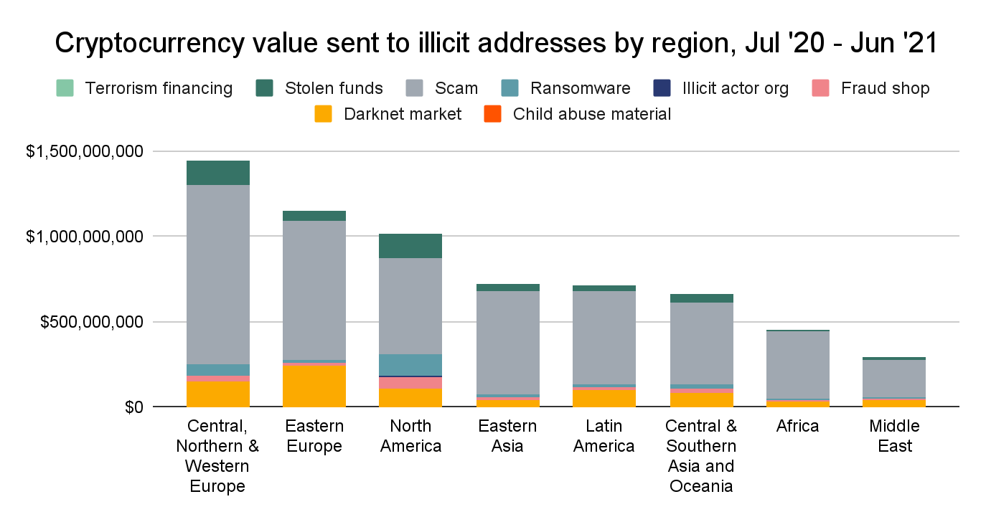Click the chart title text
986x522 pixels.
[496, 44]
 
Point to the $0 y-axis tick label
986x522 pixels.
[133, 407]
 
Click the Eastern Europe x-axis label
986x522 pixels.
[314, 436]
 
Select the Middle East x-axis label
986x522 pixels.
[894, 436]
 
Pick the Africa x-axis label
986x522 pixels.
[797, 426]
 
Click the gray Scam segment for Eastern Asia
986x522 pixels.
[508, 343]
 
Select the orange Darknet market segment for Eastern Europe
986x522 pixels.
[314, 386]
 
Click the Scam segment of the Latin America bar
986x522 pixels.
[605, 337]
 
